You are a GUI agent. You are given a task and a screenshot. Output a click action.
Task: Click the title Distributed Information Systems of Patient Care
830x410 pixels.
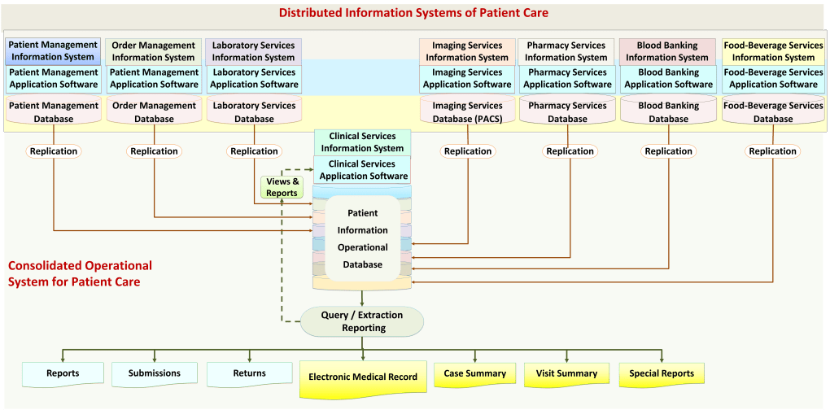click(413, 13)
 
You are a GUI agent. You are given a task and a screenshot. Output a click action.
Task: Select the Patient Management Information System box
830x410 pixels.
click(54, 51)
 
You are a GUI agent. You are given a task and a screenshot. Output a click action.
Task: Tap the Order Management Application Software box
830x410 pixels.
click(154, 78)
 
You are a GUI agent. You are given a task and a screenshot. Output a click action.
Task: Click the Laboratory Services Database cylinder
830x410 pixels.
click(254, 112)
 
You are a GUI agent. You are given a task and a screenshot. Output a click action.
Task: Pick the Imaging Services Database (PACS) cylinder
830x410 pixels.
click(467, 112)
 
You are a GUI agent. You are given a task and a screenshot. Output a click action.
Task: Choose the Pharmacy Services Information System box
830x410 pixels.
click(566, 51)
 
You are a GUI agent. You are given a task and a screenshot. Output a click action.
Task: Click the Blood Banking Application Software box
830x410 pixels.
click(668, 78)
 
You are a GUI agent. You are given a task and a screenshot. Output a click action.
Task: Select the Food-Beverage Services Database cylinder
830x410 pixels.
click(772, 112)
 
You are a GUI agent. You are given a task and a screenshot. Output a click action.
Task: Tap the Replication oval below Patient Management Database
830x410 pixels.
click(54, 151)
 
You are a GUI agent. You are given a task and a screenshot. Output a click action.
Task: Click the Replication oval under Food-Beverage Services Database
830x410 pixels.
click(772, 151)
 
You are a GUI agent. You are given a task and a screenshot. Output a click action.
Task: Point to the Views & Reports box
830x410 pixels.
click(282, 187)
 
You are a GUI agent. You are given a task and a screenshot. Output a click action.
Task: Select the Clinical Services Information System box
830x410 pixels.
click(362, 142)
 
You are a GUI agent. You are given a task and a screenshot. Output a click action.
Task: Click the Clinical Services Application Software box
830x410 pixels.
click(363, 170)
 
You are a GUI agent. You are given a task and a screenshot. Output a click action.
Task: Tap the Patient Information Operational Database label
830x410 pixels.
click(363, 238)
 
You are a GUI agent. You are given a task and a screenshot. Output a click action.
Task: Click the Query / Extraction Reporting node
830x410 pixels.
click(363, 321)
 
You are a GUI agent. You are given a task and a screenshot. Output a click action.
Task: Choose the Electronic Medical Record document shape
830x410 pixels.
click(363, 377)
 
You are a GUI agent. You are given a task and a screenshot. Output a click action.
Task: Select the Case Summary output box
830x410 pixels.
click(474, 374)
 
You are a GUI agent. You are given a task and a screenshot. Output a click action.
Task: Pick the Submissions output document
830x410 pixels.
click(155, 373)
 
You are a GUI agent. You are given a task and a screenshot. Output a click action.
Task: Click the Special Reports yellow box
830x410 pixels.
click(662, 374)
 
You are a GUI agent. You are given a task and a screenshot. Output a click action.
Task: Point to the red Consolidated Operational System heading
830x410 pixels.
click(80, 273)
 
